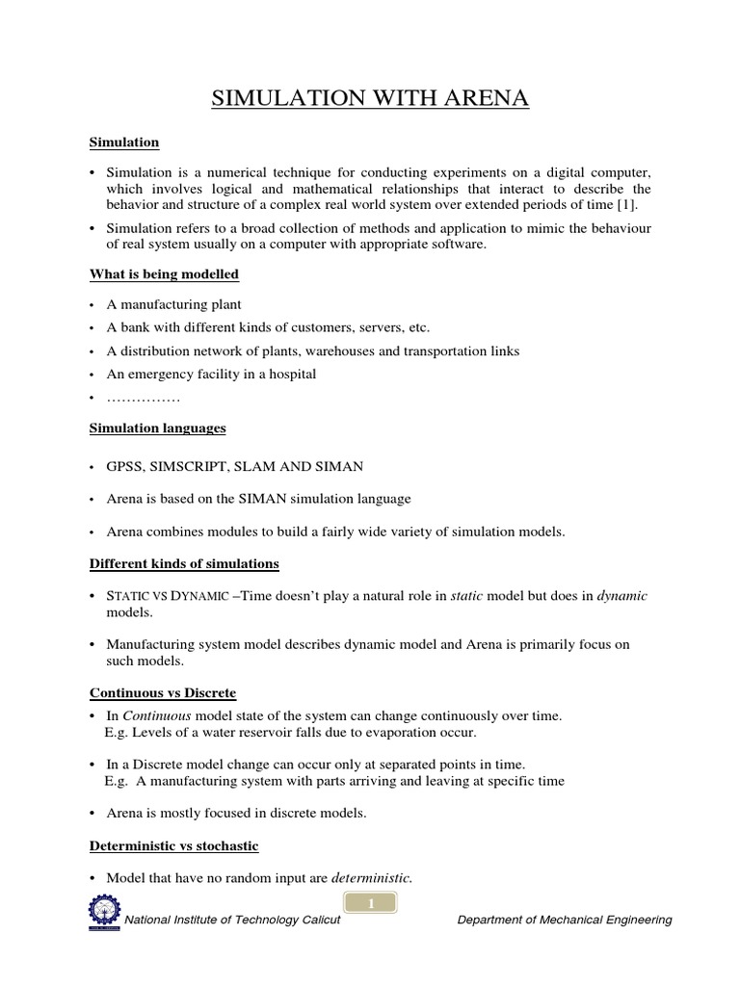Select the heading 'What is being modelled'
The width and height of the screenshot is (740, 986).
pyautogui.click(x=164, y=274)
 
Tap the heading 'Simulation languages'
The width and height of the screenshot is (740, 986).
pyautogui.click(x=158, y=427)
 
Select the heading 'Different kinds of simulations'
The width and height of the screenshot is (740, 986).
pyautogui.click(x=184, y=563)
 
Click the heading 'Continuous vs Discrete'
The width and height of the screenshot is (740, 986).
pyautogui.click(x=162, y=692)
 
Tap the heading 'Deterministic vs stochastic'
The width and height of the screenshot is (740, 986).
pyautogui.click(x=173, y=845)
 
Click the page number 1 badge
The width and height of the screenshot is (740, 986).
pyautogui.click(x=370, y=902)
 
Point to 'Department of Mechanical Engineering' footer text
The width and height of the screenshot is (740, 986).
pyautogui.click(x=564, y=921)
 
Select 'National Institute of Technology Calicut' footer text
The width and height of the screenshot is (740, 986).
pyautogui.click(x=231, y=921)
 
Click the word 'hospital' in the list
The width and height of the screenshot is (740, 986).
pyautogui.click(x=291, y=375)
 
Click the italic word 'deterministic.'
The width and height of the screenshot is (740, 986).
pyautogui.click(x=372, y=878)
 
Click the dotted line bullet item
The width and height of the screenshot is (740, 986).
pyautogui.click(x=144, y=398)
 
